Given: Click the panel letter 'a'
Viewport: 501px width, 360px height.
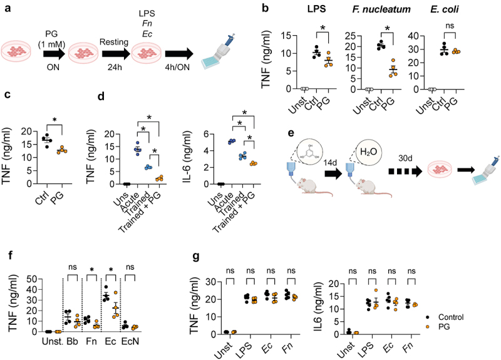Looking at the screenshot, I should [8, 9].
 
